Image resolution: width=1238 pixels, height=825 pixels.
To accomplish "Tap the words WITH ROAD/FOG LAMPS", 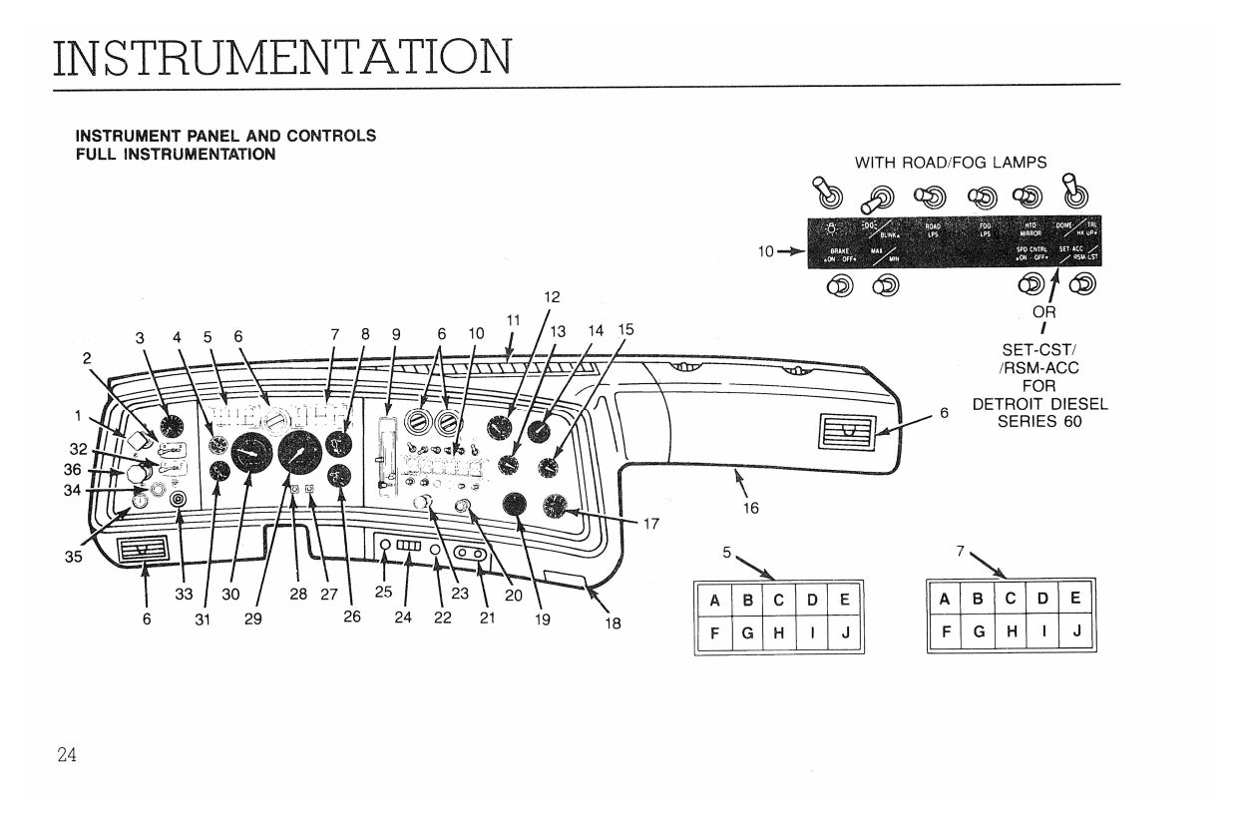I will [951, 162].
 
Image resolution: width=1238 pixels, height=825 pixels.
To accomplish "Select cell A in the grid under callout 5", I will [714, 601].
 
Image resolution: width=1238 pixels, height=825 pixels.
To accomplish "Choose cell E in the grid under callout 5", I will [844, 601].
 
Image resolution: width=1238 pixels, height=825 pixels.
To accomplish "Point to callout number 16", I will [750, 508].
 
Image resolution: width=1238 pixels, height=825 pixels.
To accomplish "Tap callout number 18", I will [613, 623].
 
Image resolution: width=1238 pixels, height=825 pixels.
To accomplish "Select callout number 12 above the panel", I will [552, 296].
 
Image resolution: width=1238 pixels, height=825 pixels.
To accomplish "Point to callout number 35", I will [74, 558].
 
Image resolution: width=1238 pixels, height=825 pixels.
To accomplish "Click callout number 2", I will [87, 357].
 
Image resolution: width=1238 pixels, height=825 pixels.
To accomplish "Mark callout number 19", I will [542, 619].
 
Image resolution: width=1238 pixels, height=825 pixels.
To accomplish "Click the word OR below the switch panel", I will [1043, 312].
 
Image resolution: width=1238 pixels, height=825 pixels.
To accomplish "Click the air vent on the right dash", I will [845, 432].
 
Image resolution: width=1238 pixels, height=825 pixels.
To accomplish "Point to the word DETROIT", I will [1011, 404].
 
